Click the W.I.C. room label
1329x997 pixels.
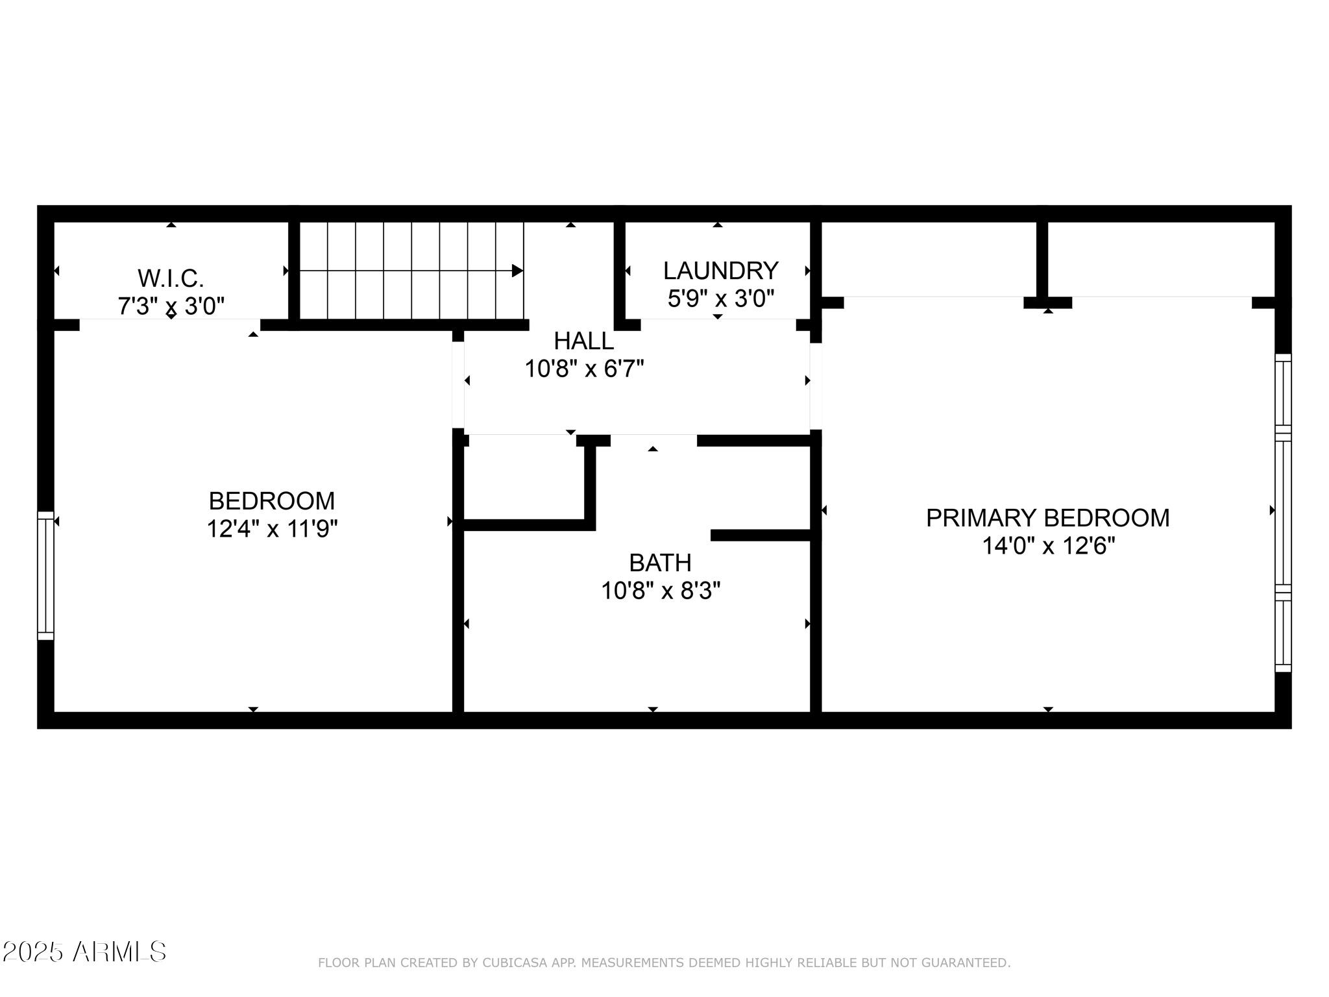coord(171,278)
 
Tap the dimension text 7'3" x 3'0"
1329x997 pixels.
coord(171,306)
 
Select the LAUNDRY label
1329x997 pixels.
coord(720,270)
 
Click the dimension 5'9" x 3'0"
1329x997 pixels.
coord(720,299)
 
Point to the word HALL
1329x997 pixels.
coord(583,341)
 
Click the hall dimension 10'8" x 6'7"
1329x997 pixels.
coord(583,369)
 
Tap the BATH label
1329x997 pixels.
coord(660,562)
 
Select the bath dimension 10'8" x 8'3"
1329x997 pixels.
coord(660,591)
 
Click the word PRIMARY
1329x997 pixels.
coord(981,518)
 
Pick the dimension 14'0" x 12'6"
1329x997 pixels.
coord(1047,546)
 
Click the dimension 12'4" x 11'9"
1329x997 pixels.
coord(272,529)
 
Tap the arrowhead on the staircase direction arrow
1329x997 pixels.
coord(517,271)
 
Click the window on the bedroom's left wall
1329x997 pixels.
coord(45,575)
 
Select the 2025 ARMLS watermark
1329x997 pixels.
coord(84,952)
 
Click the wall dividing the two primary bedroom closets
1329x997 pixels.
coord(1042,260)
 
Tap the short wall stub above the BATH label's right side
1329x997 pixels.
coord(762,535)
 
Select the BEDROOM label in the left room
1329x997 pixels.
coord(272,501)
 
